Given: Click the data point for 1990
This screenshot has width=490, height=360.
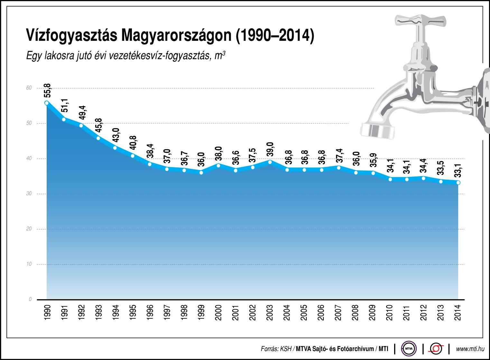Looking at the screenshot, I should click(47, 103).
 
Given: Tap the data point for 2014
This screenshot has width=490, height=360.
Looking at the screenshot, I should click(458, 183).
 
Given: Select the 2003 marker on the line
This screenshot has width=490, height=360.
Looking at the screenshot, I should click(270, 162).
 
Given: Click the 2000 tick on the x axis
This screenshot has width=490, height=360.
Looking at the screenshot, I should click(219, 312).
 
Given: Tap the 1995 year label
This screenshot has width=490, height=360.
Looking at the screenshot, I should click(133, 312).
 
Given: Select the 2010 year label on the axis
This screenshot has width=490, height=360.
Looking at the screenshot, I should click(390, 312).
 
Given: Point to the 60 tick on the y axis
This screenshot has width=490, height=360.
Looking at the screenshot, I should click(29, 88).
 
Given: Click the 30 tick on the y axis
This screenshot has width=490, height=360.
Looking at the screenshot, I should click(29, 194).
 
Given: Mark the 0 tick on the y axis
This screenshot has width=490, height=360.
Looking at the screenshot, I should click(30, 299).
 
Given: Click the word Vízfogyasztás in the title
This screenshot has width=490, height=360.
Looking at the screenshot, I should click(71, 35).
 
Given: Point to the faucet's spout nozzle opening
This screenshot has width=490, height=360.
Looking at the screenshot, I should click(377, 131).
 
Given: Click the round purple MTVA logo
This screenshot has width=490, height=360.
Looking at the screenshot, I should click(409, 348).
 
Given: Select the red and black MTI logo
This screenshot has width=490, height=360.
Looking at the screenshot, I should click(436, 348).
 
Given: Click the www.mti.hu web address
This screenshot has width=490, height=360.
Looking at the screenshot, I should click(470, 349).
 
